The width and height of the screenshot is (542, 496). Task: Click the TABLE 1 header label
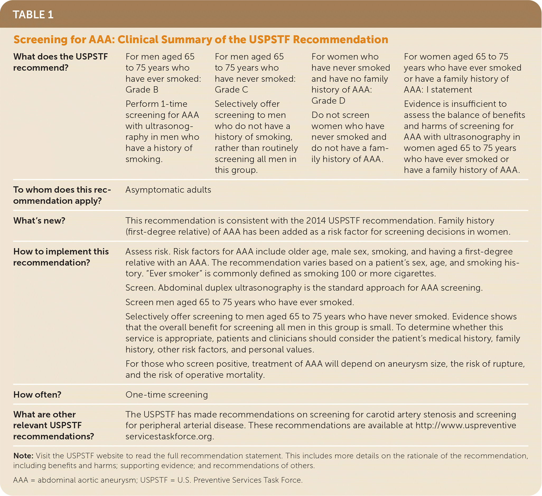(33, 15)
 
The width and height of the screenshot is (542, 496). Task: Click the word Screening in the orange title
(40, 40)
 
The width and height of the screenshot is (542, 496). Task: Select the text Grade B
(142, 90)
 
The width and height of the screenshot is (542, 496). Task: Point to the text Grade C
(231, 90)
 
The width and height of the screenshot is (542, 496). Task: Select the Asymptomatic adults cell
(168, 190)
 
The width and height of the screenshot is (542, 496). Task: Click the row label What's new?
(39, 221)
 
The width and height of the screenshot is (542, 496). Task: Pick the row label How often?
(37, 395)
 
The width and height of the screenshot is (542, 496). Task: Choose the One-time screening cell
(166, 395)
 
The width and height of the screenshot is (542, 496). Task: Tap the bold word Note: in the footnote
(23, 456)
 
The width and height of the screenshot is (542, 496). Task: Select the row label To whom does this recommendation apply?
(62, 195)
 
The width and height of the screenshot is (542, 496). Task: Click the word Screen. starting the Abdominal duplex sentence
(140, 288)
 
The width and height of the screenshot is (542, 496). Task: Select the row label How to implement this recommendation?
(61, 257)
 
